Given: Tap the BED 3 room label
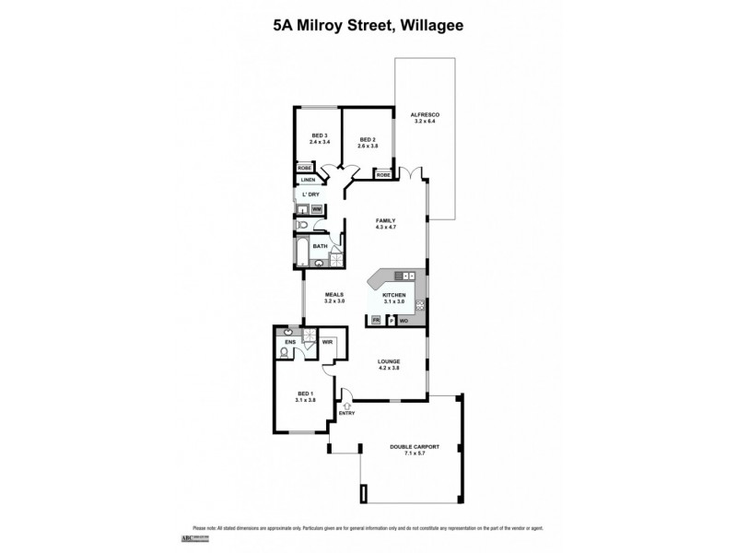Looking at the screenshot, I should pos(319,135).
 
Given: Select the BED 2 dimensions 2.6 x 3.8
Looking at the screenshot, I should pos(368,146).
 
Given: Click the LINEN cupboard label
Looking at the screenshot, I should pos(309,180).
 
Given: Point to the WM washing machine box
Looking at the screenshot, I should pos(317,210).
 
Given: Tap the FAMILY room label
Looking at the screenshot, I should pos(385,220).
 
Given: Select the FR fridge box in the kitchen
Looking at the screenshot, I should pos(376,320).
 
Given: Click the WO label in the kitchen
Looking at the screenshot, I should pos(404,320).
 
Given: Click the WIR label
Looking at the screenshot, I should pos(326,342).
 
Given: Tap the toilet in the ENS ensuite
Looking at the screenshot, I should pos(285,352).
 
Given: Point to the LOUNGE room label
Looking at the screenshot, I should pos(388,361).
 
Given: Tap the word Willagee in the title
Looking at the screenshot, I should pos(430,26).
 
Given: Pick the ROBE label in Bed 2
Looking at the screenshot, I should pos(383,174).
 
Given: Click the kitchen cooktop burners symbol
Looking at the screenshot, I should pos(419,305).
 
